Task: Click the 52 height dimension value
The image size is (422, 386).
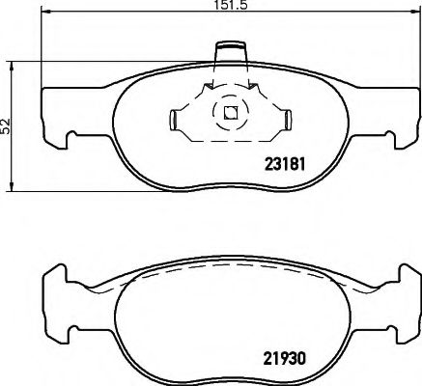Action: coord(6,125)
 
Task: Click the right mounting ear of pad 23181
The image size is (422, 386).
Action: coord(402,124)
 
